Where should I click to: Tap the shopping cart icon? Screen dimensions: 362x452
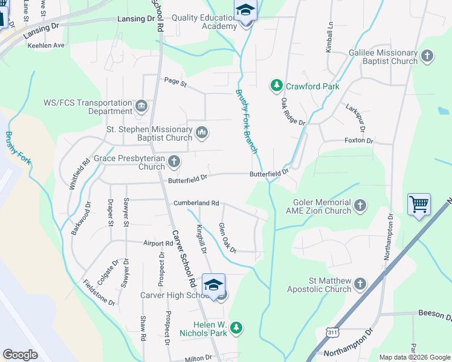tap(418, 204)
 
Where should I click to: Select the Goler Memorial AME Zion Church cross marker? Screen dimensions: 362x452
tap(360, 206)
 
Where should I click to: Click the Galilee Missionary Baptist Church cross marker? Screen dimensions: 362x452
tap(427, 57)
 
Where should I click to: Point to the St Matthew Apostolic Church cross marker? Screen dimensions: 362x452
tap(360, 284)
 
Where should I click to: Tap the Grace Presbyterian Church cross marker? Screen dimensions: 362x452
tap(174, 161)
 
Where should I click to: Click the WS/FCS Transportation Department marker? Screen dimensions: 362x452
tap(141, 107)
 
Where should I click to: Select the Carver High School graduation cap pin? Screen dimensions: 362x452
tap(213, 285)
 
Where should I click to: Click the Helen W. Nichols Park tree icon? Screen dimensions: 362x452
tap(237, 328)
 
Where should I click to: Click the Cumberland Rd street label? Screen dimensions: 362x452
tap(196, 203)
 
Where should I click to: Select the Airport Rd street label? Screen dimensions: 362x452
tap(158, 243)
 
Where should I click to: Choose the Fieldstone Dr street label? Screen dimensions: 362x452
tap(98, 292)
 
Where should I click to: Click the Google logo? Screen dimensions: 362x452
tap(21, 355)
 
